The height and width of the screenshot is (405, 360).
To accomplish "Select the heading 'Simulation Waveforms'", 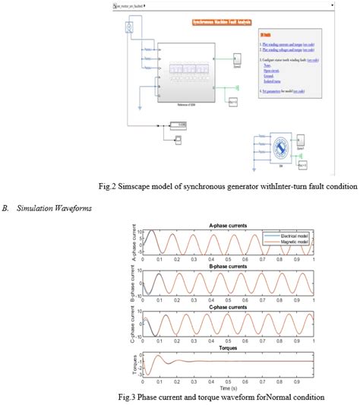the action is [x=47, y=206].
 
